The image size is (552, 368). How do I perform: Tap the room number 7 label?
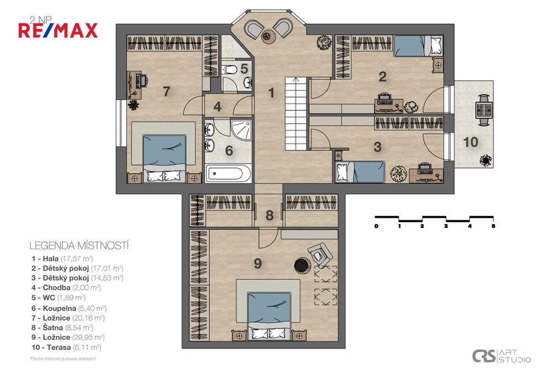tap(166, 91)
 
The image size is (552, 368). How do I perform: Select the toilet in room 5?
tap(231, 70)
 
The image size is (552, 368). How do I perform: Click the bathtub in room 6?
tap(228, 174)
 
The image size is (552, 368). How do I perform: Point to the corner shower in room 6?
tap(242, 129)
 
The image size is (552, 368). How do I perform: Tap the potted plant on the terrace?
tap(485, 161)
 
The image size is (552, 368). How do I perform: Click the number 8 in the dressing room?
tap(269, 216)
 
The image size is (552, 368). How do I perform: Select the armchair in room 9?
tap(320, 254)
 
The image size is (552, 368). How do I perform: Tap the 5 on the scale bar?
tap(493, 226)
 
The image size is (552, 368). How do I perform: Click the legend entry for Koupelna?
tap(69, 308)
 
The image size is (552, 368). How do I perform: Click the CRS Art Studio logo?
tap(501, 356)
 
